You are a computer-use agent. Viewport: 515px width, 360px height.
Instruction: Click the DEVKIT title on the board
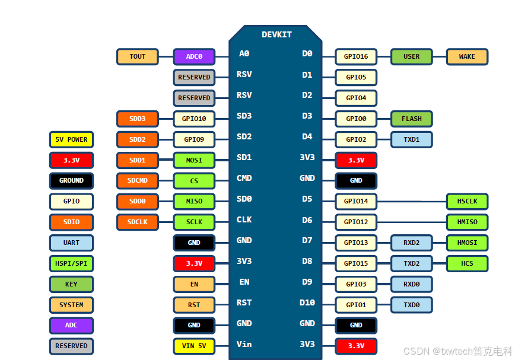pyautogui.click(x=276, y=34)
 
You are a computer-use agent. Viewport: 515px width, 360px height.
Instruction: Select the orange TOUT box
pyautogui.click(x=138, y=57)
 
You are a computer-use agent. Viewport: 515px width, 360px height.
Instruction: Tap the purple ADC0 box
pyautogui.click(x=194, y=57)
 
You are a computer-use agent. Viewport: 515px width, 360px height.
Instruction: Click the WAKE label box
pyautogui.click(x=467, y=57)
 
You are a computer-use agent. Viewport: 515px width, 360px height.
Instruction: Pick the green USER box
pyautogui.click(x=411, y=57)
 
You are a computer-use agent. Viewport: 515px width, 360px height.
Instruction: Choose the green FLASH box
pyautogui.click(x=411, y=119)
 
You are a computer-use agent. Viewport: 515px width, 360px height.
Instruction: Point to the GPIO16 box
pyautogui.click(x=356, y=57)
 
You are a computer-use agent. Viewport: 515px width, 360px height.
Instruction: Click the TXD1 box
pyautogui.click(x=411, y=139)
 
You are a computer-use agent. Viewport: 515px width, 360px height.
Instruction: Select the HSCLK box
pyautogui.click(x=467, y=201)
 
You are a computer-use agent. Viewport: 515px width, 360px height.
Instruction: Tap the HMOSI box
pyautogui.click(x=467, y=243)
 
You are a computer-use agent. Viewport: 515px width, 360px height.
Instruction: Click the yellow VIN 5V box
pyautogui.click(x=194, y=346)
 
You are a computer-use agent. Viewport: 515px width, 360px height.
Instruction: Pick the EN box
pyautogui.click(x=194, y=284)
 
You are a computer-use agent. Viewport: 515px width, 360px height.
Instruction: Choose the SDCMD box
pyautogui.click(x=138, y=180)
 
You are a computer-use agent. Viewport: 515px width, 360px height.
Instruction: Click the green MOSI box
pyautogui.click(x=194, y=160)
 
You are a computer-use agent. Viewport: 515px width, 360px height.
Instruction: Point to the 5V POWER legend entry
pyautogui.click(x=71, y=139)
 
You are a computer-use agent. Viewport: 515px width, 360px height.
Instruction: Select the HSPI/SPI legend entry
pyautogui.click(x=71, y=263)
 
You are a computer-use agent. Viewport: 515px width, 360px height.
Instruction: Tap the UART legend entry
pyautogui.click(x=71, y=243)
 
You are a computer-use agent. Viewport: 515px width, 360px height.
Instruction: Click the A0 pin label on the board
pyautogui.click(x=244, y=54)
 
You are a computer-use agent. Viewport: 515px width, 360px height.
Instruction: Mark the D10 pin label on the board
pyautogui.click(x=307, y=302)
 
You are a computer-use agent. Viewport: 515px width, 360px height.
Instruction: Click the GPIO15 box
pyautogui.click(x=356, y=263)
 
